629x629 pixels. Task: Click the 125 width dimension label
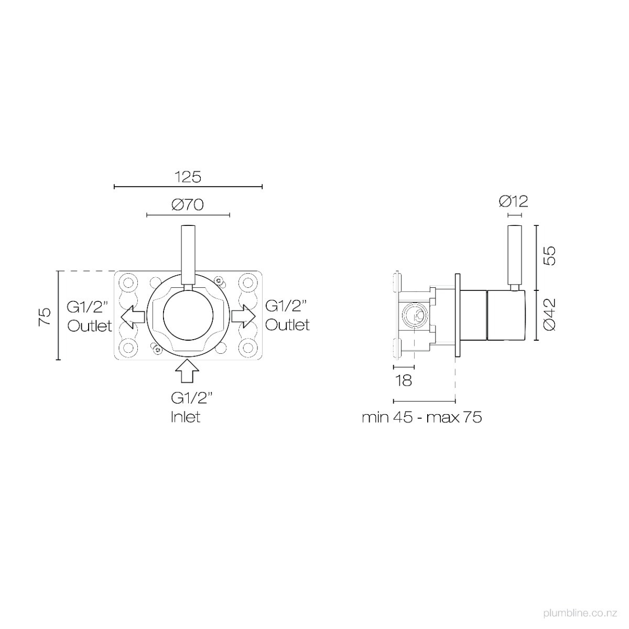(x=188, y=177)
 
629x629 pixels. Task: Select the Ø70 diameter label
(x=188, y=205)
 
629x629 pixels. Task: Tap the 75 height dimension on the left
(x=45, y=317)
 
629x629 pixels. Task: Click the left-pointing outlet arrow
(x=133, y=316)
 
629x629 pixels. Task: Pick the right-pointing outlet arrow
(x=244, y=316)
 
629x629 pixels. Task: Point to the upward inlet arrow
(x=187, y=371)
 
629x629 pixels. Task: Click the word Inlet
(x=186, y=417)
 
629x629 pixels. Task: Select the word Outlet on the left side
(x=90, y=326)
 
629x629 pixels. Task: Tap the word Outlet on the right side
(x=287, y=325)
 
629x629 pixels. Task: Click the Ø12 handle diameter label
(x=513, y=202)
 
